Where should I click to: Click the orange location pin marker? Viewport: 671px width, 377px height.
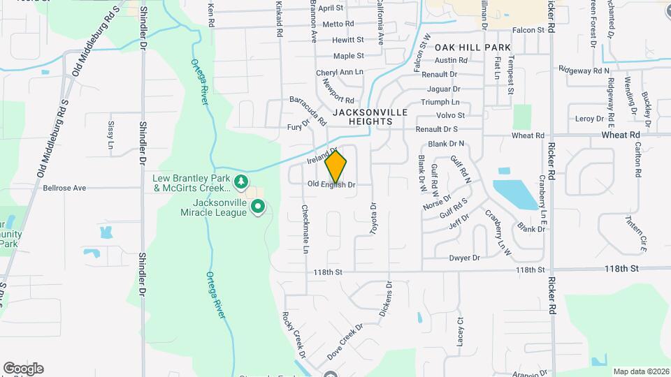point(336,166)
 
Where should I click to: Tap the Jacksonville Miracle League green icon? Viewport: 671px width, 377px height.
point(258,207)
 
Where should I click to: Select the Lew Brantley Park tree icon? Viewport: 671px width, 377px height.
point(241,182)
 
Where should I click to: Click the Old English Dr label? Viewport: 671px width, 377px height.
point(332,185)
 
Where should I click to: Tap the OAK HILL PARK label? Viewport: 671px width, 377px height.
point(473,47)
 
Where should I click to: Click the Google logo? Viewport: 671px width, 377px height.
point(23,369)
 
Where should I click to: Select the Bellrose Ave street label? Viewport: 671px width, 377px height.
point(64,188)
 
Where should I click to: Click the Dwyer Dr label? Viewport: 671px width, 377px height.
point(465,258)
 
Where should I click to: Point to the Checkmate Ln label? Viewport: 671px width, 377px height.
point(305,229)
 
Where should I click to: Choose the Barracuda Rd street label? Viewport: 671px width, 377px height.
point(308,110)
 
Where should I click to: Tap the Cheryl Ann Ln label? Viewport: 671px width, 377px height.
point(340,72)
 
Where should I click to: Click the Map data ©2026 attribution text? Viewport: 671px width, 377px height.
point(640,371)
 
